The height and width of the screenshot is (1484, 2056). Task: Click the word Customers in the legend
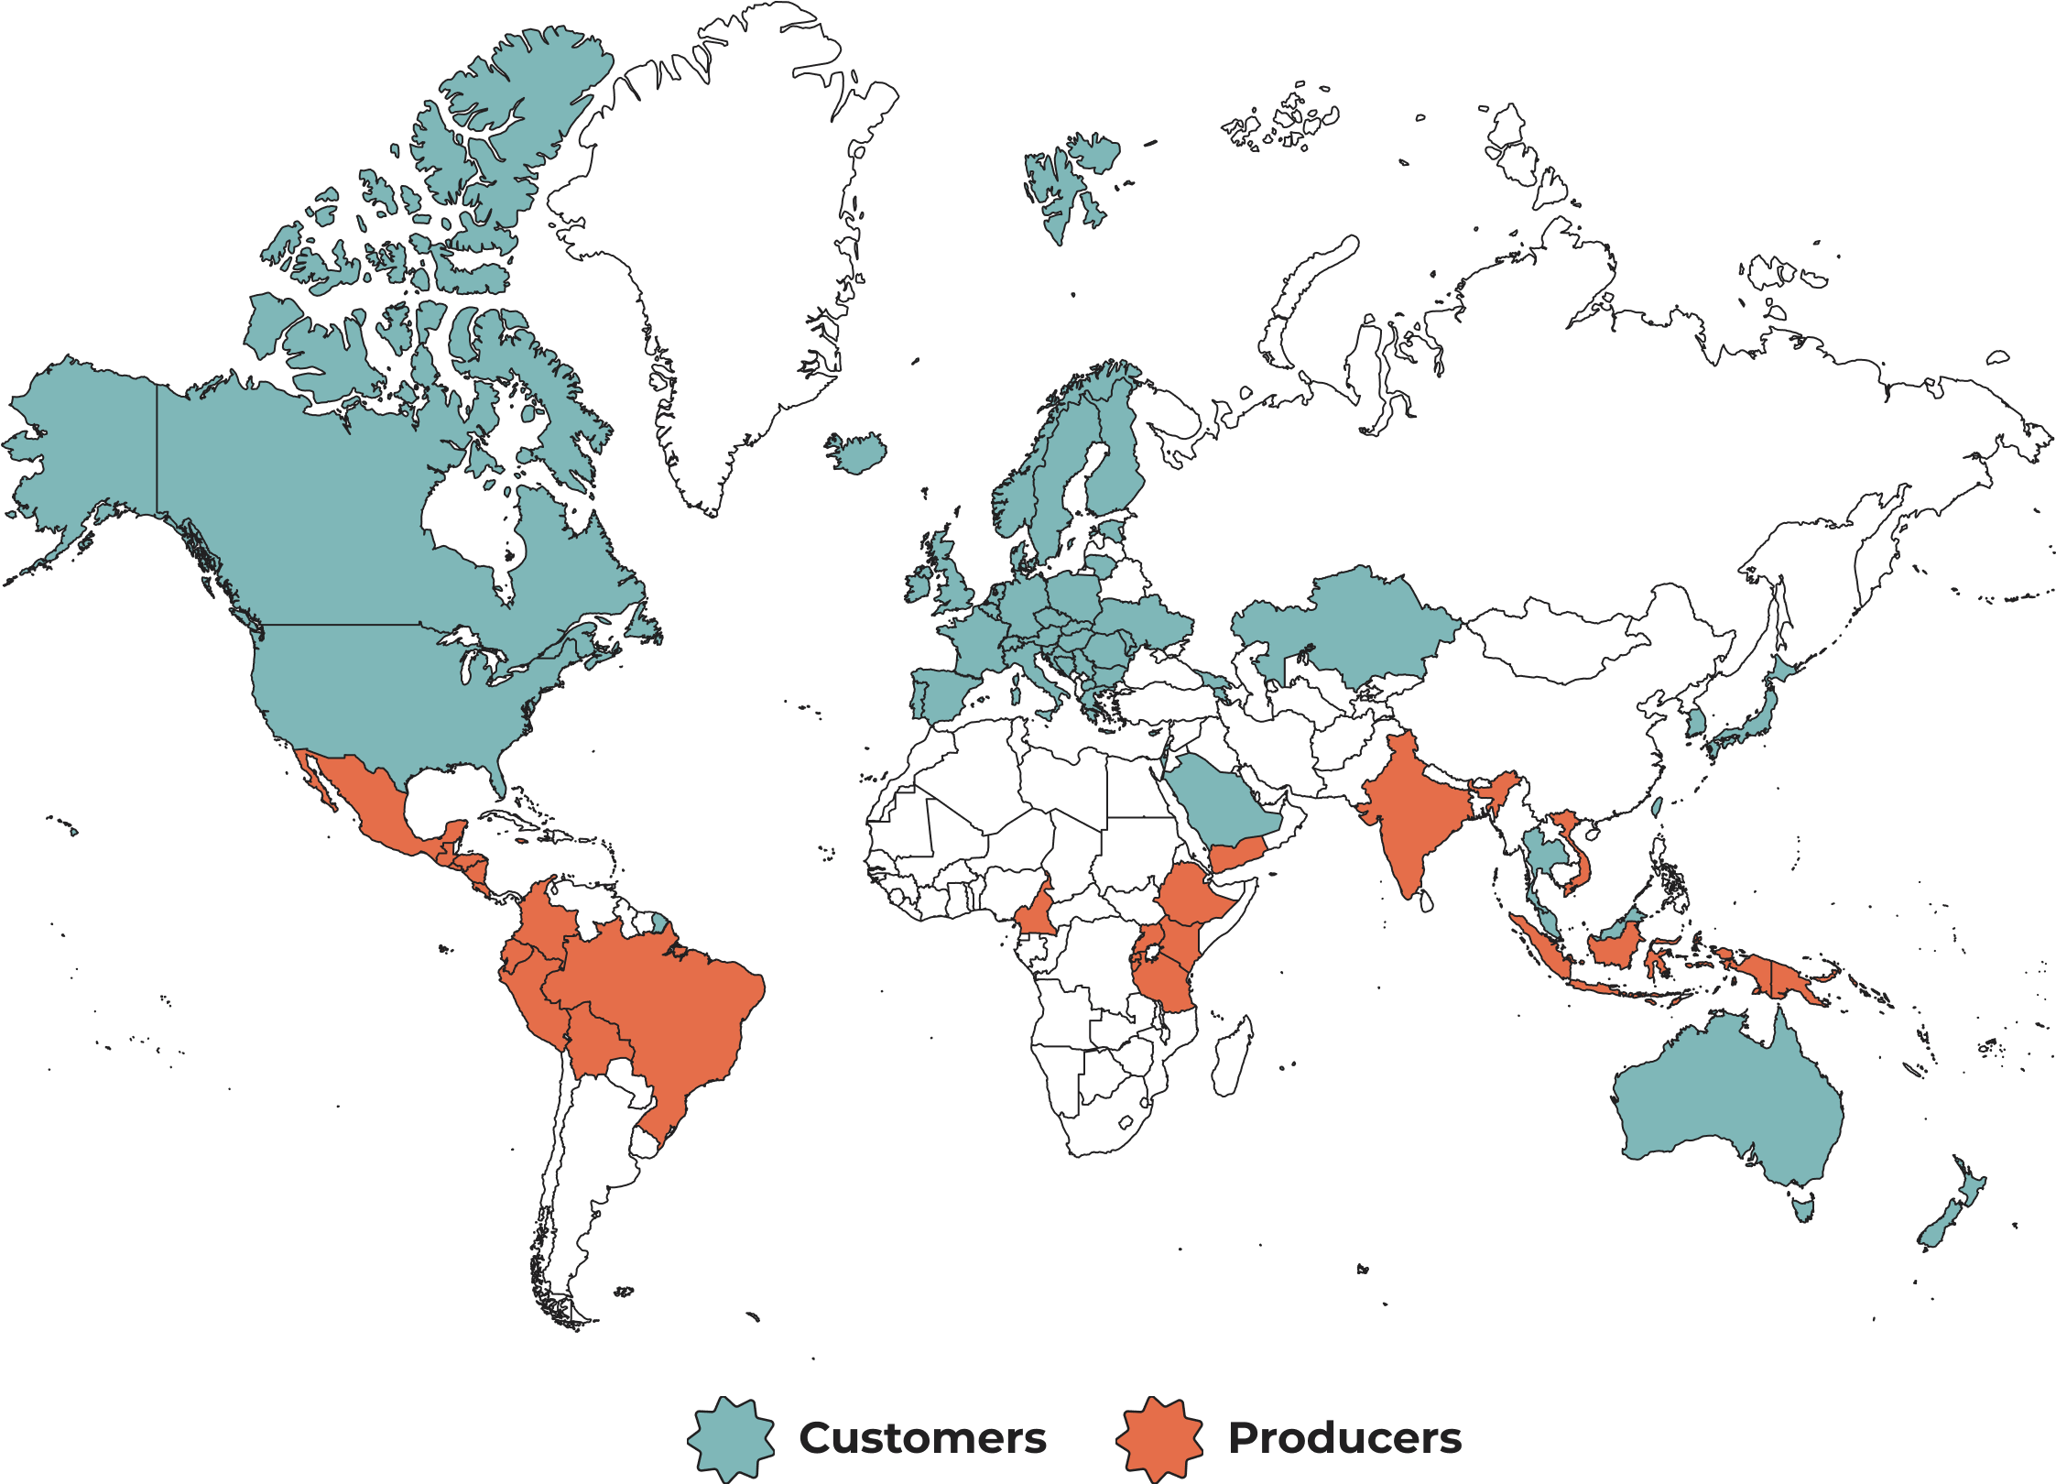(x=922, y=1438)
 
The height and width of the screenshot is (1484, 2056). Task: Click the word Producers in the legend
(x=1344, y=1438)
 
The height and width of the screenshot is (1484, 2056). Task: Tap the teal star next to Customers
(x=731, y=1439)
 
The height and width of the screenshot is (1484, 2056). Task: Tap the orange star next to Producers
(x=1159, y=1439)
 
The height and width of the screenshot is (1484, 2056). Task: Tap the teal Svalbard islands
(x=1067, y=183)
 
